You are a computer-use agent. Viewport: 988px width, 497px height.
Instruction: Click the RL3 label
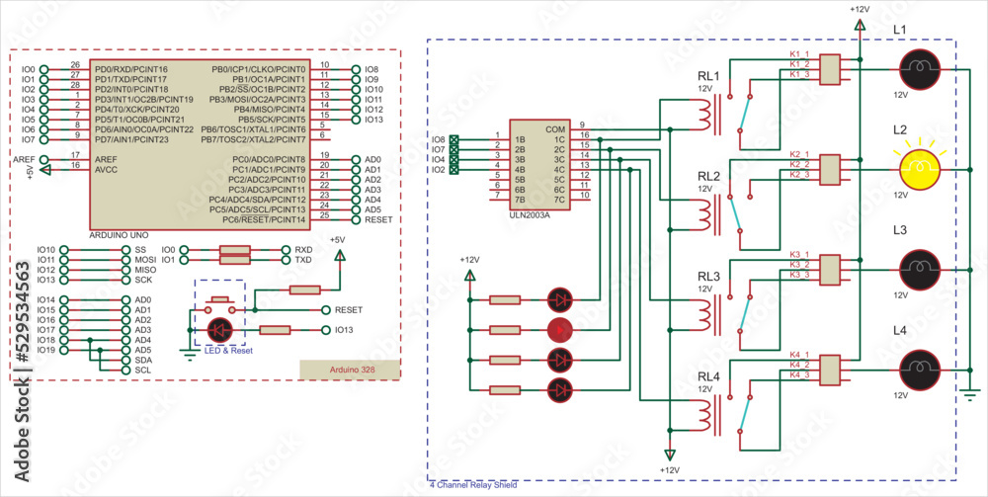707,276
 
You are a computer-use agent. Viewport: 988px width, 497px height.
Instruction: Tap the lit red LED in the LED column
559,328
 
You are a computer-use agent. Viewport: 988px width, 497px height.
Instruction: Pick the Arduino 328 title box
350,370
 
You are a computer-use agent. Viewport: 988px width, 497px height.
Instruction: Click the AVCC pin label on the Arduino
106,169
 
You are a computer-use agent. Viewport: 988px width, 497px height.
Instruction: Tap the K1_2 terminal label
799,64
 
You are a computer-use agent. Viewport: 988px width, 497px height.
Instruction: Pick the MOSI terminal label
144,260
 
